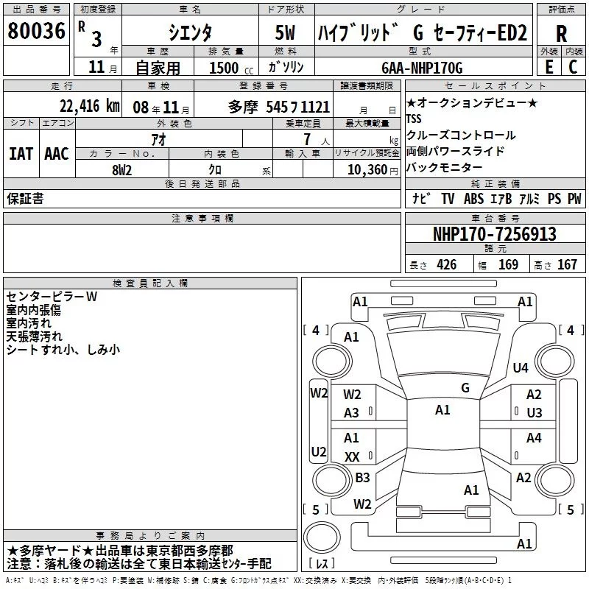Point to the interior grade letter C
point(573,67)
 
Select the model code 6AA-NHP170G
point(422,68)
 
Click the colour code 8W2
point(122,169)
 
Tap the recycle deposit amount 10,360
point(364,169)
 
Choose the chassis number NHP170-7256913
point(494,234)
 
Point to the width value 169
point(508,265)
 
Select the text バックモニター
point(444,167)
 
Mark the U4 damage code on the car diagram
point(521,367)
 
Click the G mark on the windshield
point(465,387)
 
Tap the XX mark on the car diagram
point(352,456)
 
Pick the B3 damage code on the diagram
point(362,478)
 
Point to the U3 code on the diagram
point(534,412)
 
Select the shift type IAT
point(21,153)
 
